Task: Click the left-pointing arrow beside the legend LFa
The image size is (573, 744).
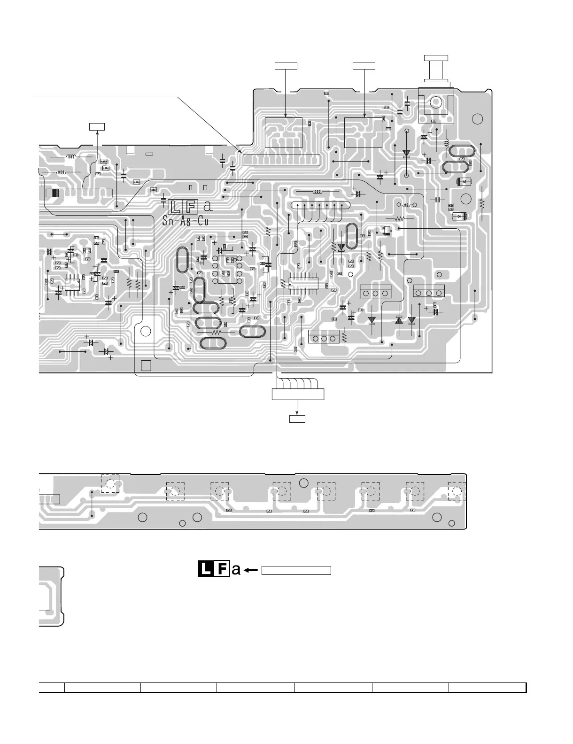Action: click(x=251, y=570)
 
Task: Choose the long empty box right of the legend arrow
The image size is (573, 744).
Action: click(x=296, y=570)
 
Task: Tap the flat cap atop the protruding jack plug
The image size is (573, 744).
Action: click(x=435, y=58)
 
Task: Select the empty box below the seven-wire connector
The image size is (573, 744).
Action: click(x=297, y=418)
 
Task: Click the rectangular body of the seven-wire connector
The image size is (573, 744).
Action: click(x=298, y=394)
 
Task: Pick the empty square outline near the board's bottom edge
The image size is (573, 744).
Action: click(x=146, y=365)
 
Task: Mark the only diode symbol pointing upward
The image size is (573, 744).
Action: click(x=399, y=320)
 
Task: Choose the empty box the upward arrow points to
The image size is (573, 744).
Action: click(x=97, y=126)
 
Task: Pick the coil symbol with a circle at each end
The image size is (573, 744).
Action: click(x=407, y=205)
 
